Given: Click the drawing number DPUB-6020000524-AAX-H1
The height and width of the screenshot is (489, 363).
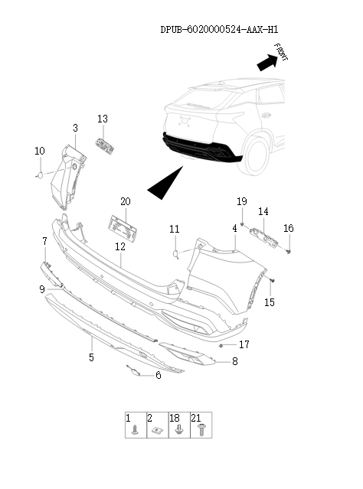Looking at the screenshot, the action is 219,30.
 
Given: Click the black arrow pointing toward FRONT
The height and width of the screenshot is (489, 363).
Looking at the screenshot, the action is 267,63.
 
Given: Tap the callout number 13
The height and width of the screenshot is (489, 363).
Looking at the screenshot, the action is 103,119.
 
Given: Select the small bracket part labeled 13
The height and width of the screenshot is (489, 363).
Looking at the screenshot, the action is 105,146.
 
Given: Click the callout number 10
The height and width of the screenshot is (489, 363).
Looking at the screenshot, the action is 40,151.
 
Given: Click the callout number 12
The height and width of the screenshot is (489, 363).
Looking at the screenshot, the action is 120,246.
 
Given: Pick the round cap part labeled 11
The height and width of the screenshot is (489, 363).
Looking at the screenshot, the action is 175,254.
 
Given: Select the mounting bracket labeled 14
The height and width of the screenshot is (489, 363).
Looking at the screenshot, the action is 263,237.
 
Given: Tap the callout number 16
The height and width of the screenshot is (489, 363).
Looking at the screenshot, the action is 289,228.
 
